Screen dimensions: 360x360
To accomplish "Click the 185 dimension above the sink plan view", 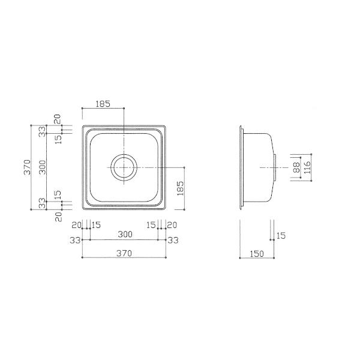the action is pos(103,104).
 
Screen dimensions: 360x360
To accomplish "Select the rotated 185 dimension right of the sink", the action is pos(181,188).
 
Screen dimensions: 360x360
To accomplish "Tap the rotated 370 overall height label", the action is pos(27,167).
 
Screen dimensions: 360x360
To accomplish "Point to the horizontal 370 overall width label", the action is pos(124,253).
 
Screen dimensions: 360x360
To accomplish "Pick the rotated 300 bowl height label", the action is pos(43,167).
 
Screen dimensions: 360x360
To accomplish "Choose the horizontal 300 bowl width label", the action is pos(125,234).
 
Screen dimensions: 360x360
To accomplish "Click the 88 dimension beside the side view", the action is pos(296,167).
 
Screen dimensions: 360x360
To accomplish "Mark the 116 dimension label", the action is pos(307,167).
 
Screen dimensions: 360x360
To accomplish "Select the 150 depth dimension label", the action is pos(257,254).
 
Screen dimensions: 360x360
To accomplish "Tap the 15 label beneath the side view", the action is pos(281,236).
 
